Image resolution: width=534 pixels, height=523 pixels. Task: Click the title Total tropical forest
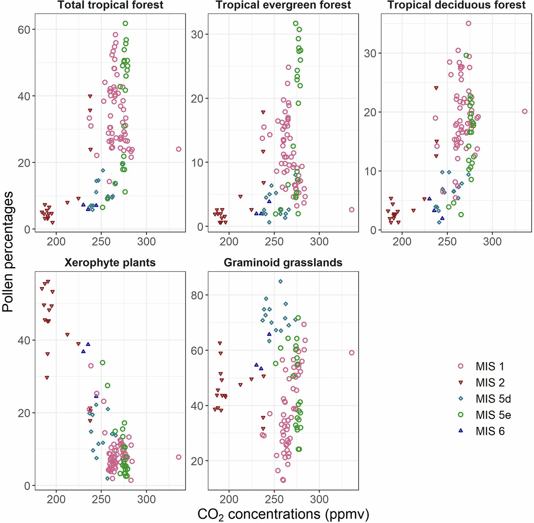click(x=110, y=5)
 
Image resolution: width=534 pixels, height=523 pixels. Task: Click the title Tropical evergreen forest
click(x=283, y=5)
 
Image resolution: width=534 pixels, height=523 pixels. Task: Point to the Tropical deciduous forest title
click(x=456, y=5)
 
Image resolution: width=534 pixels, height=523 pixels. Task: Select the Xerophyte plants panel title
click(x=110, y=262)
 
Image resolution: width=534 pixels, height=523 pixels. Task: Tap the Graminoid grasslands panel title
click(x=283, y=262)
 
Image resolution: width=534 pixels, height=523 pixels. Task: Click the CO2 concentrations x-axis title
click(x=283, y=514)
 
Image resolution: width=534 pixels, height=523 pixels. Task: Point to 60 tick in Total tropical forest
click(x=24, y=29)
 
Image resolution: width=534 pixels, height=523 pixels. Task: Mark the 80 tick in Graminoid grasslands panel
click(x=197, y=295)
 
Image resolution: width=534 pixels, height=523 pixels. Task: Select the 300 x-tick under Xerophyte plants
click(x=146, y=499)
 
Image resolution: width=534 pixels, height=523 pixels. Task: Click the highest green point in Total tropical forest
click(x=125, y=24)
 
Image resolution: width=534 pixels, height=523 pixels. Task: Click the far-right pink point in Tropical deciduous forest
click(x=525, y=111)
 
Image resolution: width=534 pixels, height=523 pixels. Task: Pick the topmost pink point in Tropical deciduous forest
click(x=468, y=24)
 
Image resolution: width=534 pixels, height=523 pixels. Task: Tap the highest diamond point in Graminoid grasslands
click(x=280, y=281)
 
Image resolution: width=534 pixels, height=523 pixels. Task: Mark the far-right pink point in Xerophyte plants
click(x=179, y=457)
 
